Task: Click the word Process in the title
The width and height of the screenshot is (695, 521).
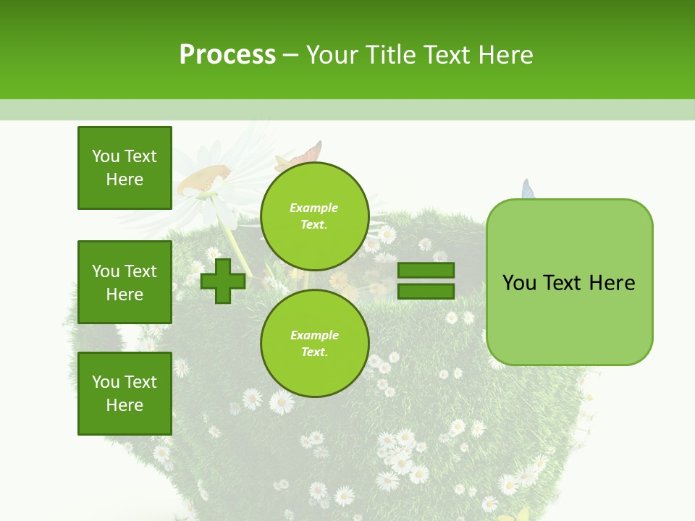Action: click(227, 55)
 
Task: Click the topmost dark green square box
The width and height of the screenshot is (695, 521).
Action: click(125, 168)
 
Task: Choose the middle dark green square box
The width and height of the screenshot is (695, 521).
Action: click(125, 282)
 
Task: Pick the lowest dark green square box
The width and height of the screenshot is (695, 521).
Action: click(125, 394)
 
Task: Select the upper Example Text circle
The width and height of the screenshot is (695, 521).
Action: click(314, 216)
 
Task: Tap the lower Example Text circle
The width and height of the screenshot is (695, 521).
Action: click(314, 343)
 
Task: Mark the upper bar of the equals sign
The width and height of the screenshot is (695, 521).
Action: click(426, 271)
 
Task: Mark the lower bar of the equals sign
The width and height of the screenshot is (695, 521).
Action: click(426, 292)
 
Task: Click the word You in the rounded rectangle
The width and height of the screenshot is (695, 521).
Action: click(519, 283)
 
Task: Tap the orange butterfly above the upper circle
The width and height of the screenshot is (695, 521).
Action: click(308, 153)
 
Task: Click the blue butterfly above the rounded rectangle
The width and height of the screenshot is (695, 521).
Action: click(528, 190)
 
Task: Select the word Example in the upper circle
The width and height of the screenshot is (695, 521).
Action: click(314, 208)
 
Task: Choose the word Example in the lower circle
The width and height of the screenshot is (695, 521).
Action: click(314, 335)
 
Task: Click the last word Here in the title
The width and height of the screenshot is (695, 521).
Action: click(505, 55)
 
